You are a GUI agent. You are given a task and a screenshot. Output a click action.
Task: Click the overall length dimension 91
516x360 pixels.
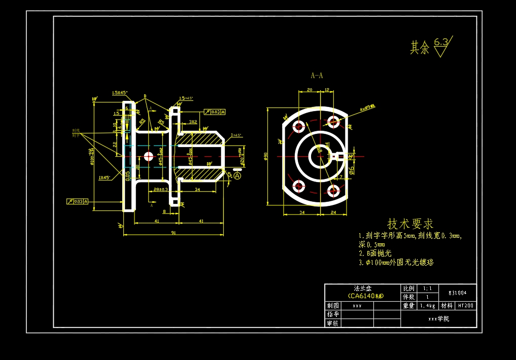click(x=174, y=233)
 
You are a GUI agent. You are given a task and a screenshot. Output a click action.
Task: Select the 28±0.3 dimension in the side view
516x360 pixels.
click(x=160, y=189)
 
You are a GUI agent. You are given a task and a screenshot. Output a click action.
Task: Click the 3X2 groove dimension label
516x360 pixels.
click(x=193, y=122)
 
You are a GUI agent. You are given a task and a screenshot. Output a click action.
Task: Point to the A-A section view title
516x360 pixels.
click(x=317, y=76)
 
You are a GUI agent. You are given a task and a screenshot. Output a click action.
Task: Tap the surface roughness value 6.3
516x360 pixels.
click(x=441, y=43)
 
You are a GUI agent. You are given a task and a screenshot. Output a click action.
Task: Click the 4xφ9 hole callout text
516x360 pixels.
click(x=367, y=107)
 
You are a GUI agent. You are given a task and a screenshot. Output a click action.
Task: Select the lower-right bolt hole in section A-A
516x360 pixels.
click(x=333, y=191)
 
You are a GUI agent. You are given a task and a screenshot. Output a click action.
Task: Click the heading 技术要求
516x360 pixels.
click(x=410, y=224)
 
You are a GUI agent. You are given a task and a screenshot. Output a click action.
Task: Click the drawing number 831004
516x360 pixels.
click(x=458, y=293)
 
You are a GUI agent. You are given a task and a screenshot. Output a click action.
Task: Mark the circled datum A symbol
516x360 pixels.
click(x=237, y=175)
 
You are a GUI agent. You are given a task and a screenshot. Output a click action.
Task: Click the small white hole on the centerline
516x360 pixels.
click(x=148, y=156)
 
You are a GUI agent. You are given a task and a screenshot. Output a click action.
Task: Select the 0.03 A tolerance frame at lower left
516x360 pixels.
click(x=78, y=201)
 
